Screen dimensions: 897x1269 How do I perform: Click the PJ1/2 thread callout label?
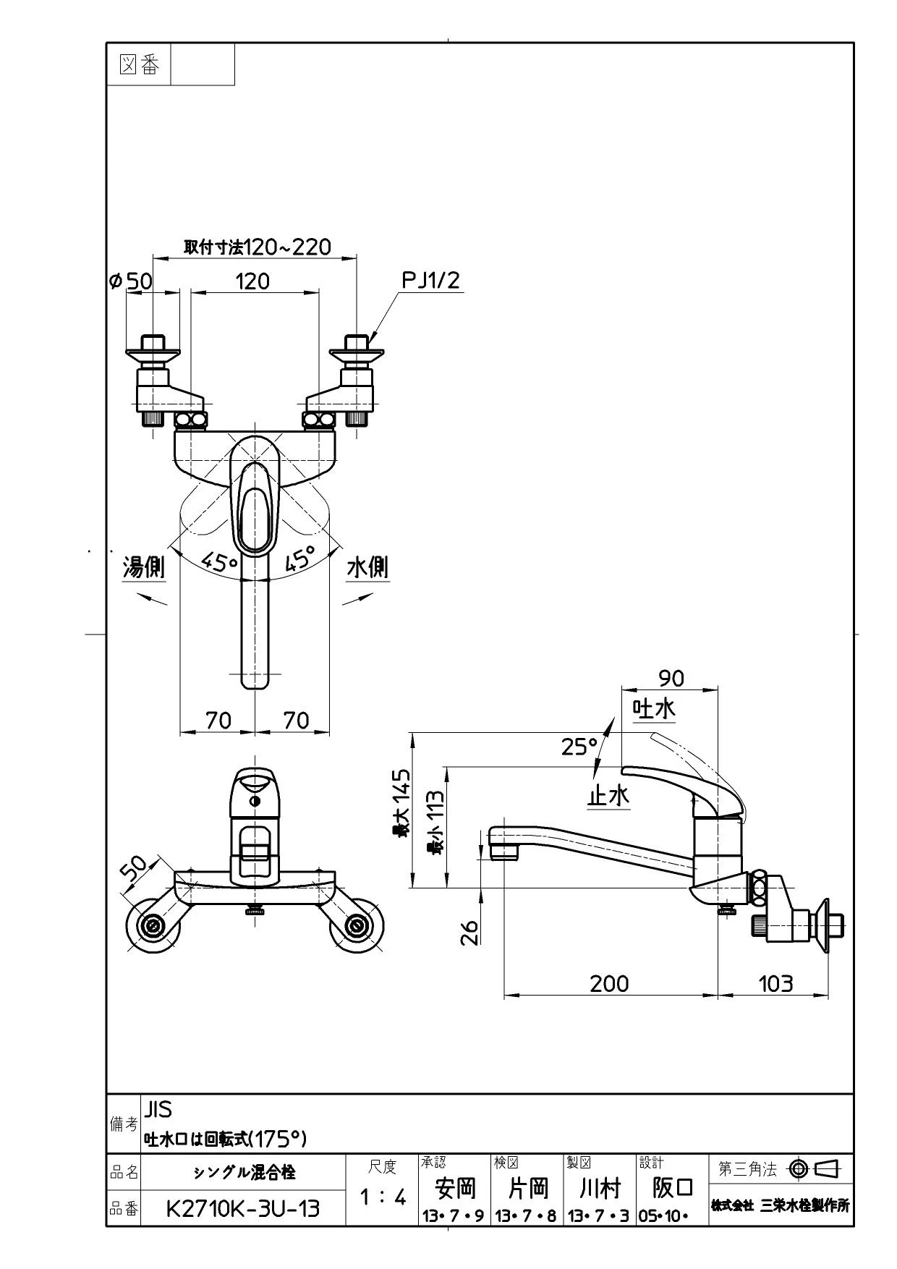(x=431, y=280)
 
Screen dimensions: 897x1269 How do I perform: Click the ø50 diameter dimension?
(x=131, y=281)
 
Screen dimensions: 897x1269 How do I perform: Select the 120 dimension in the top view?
(x=252, y=281)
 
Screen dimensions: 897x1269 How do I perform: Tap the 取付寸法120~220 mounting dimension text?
(x=258, y=247)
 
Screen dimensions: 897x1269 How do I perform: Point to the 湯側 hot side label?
(x=144, y=567)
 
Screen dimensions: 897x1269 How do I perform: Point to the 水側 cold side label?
(x=367, y=567)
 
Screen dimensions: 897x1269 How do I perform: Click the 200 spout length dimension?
(x=609, y=983)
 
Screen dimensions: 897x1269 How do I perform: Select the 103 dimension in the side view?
(x=775, y=983)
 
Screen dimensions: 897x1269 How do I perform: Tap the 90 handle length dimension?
(x=671, y=678)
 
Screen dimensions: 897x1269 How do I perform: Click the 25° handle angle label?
(x=580, y=746)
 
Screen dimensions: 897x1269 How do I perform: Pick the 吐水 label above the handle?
(x=654, y=708)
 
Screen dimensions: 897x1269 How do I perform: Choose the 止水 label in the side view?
(x=608, y=795)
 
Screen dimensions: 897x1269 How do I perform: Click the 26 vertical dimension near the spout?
(x=470, y=932)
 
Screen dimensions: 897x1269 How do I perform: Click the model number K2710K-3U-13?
(x=243, y=1209)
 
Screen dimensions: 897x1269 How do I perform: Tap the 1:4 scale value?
(x=383, y=1197)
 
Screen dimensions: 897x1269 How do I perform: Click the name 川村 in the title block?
(x=600, y=1188)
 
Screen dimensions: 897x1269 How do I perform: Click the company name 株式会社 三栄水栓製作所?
(x=781, y=1205)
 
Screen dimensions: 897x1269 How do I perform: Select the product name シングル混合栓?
(x=244, y=1172)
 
